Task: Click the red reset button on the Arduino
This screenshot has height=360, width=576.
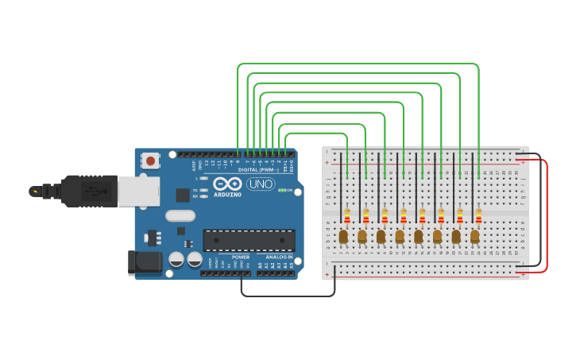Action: pos(151,161)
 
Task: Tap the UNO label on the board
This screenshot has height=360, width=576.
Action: pos(261,184)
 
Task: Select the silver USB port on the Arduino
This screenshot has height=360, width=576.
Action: pos(138,192)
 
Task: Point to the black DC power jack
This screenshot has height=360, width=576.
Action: pos(140,262)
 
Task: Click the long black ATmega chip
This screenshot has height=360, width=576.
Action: pos(249,240)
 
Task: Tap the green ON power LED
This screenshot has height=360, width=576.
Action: pos(281,191)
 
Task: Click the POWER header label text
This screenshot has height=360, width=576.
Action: pos(240,257)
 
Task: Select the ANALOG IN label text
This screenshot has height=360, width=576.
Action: pos(279,257)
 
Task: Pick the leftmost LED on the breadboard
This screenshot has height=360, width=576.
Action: pos(343,236)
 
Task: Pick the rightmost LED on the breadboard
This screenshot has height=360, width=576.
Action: pos(474,236)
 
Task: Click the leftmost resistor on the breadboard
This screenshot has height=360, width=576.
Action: pos(347,215)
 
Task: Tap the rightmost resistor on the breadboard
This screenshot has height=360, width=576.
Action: pos(478,215)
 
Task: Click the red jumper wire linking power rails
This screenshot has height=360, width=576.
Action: pos(547,215)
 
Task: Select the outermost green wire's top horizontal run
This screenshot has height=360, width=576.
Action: pos(358,64)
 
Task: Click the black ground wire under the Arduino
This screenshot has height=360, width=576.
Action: pos(286,296)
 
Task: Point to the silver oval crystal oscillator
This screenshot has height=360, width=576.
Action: pos(180,215)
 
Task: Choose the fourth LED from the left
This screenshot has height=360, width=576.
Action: pos(400,236)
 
